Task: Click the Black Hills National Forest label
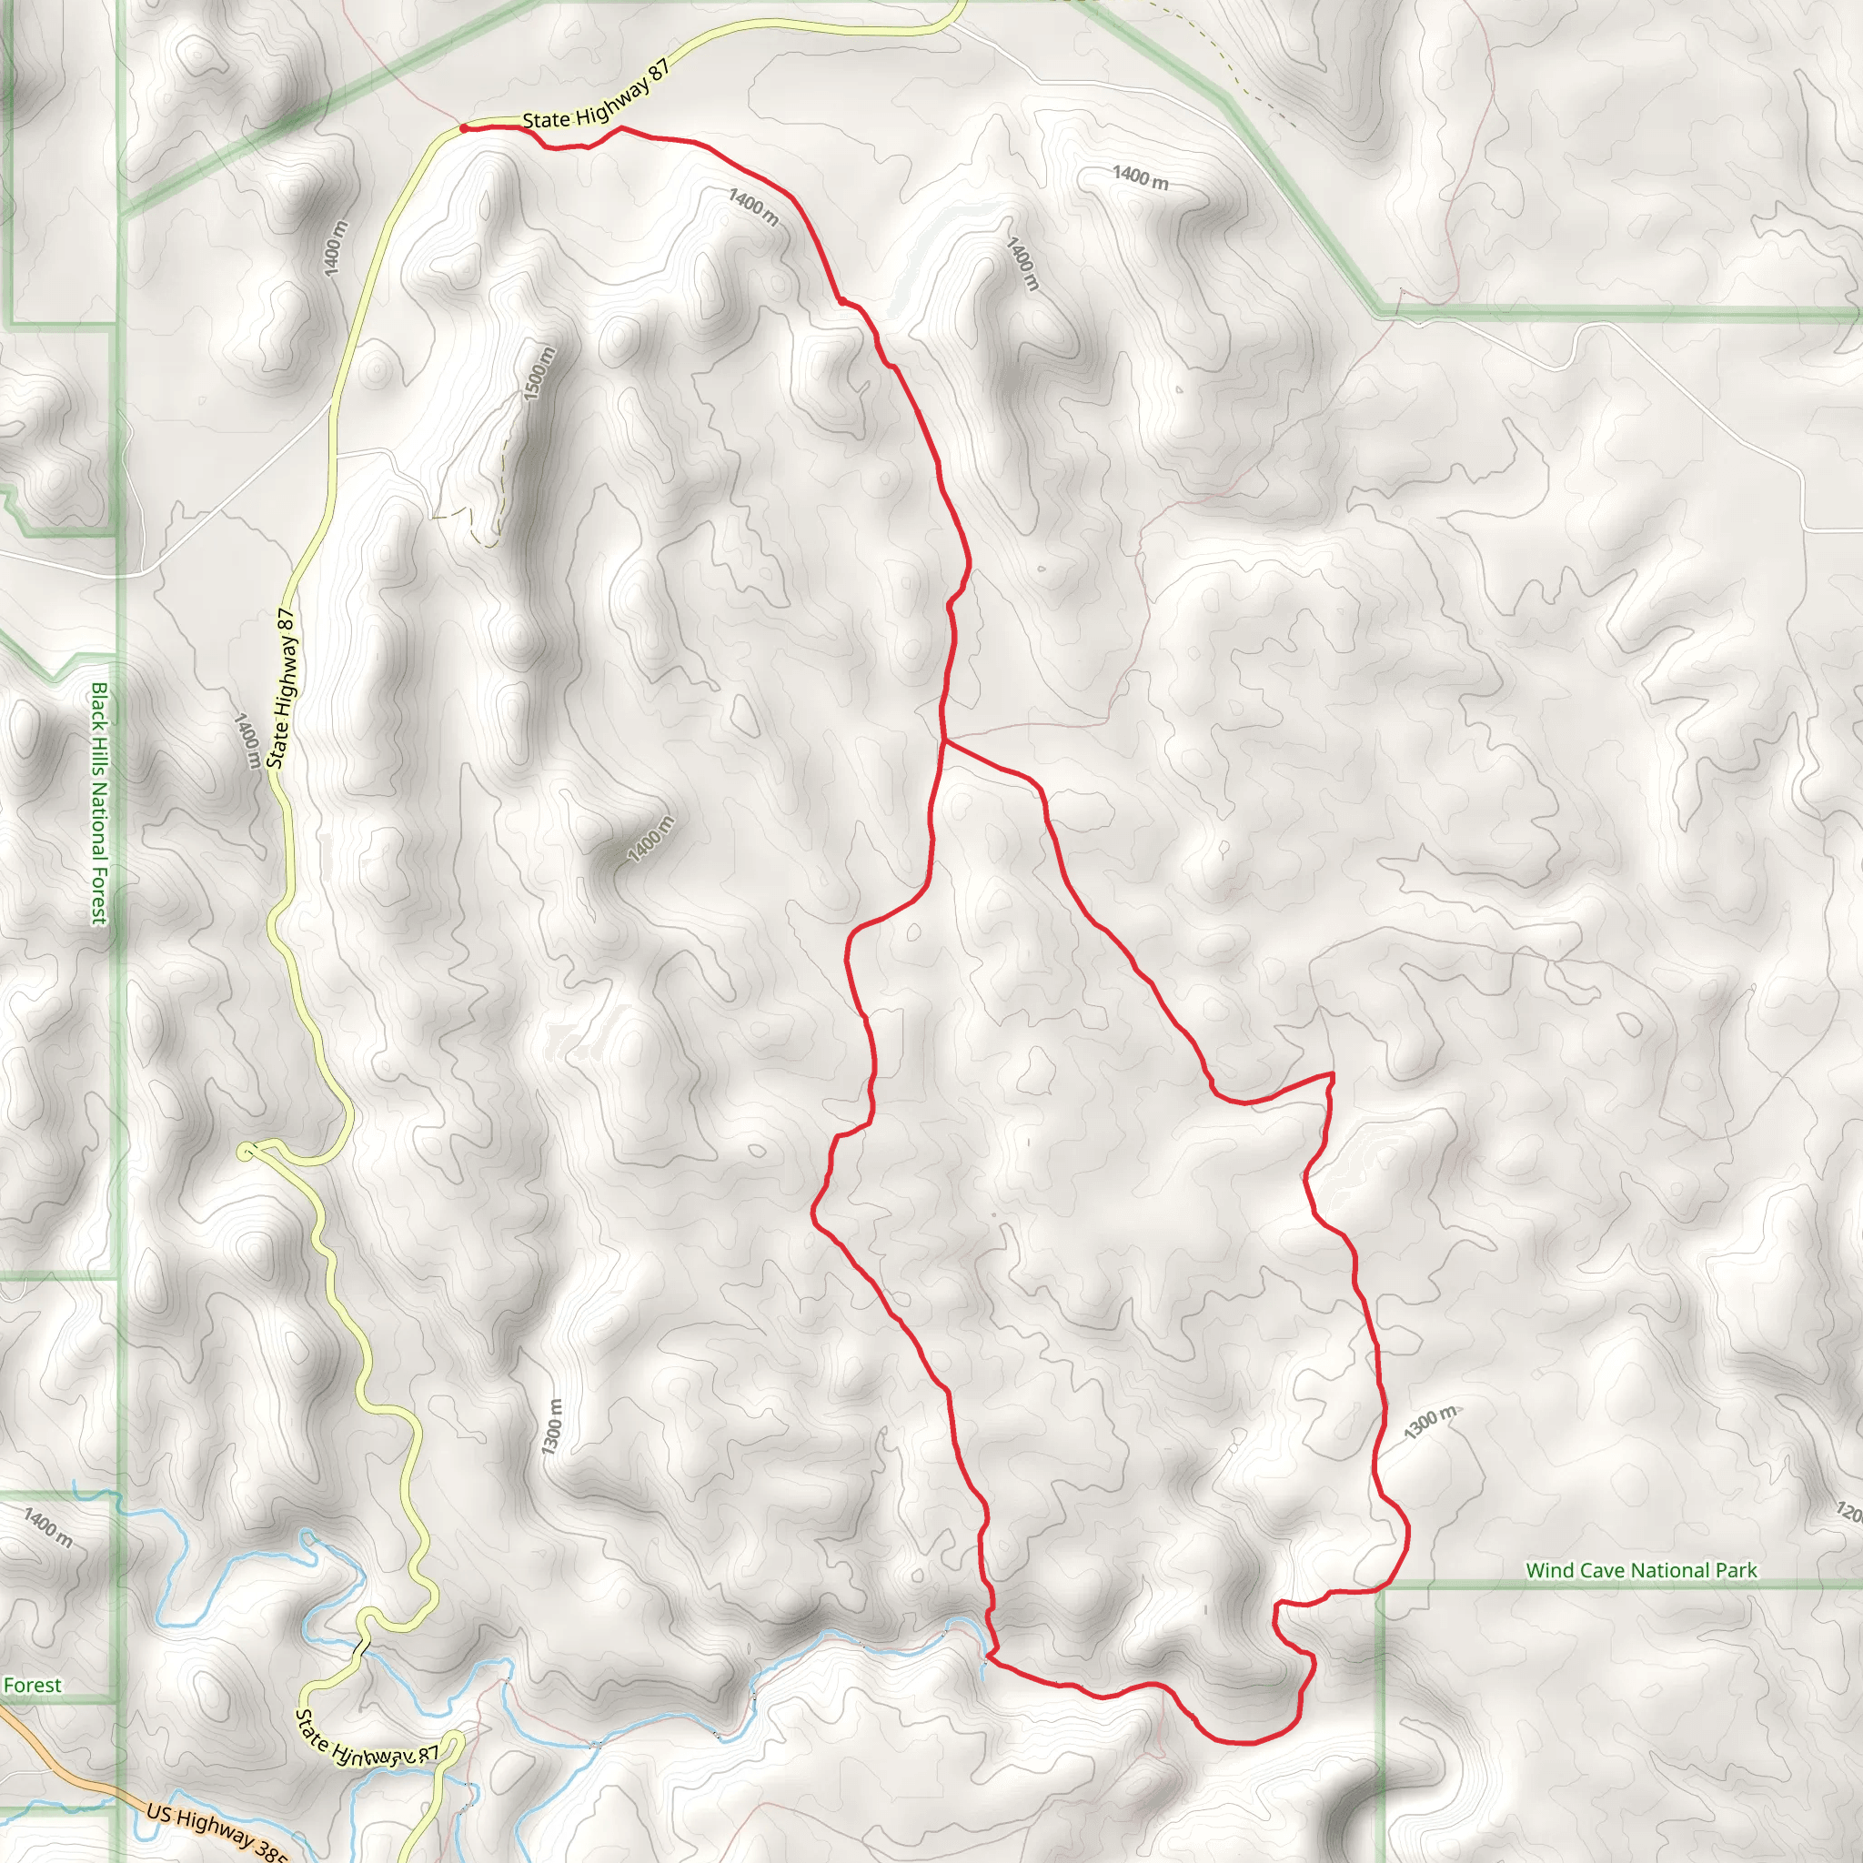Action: [98, 803]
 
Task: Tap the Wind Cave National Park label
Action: [1640, 1571]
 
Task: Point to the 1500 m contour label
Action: [539, 373]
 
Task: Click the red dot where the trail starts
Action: [464, 127]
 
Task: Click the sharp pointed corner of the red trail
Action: [1332, 1073]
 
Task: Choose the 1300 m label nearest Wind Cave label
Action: [1429, 1423]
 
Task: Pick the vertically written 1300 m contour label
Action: [551, 1427]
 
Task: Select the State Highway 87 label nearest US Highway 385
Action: [367, 1741]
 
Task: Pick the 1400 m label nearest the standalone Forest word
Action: [47, 1527]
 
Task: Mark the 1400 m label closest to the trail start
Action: [753, 206]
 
